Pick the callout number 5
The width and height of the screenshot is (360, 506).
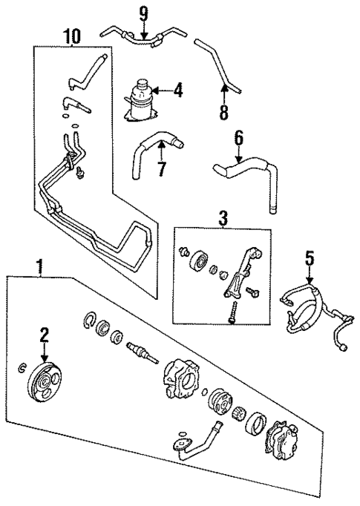(310, 259)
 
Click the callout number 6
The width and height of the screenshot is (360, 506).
(238, 139)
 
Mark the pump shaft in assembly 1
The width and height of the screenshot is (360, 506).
(142, 351)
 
